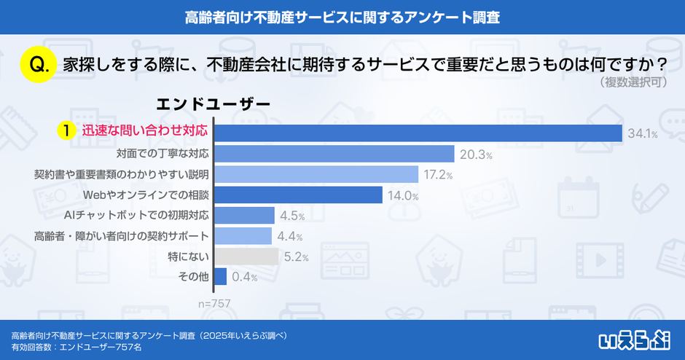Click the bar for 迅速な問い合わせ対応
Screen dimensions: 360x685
(x=418, y=133)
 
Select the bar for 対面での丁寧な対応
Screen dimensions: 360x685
(x=334, y=154)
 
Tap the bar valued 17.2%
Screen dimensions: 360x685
(x=316, y=174)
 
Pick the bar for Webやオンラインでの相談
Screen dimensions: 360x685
(x=298, y=195)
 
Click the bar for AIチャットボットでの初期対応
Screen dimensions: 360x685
(x=244, y=215)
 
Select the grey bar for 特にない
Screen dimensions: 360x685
(x=246, y=257)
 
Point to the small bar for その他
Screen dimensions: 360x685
(x=220, y=277)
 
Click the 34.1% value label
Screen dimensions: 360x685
(x=642, y=133)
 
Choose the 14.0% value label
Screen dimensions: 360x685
(x=403, y=195)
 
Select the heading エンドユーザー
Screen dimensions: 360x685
(x=213, y=105)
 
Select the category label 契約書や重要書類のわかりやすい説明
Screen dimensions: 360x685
(x=122, y=174)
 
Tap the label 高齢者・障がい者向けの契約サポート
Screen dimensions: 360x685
(x=122, y=236)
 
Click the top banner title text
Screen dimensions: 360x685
(x=342, y=16)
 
